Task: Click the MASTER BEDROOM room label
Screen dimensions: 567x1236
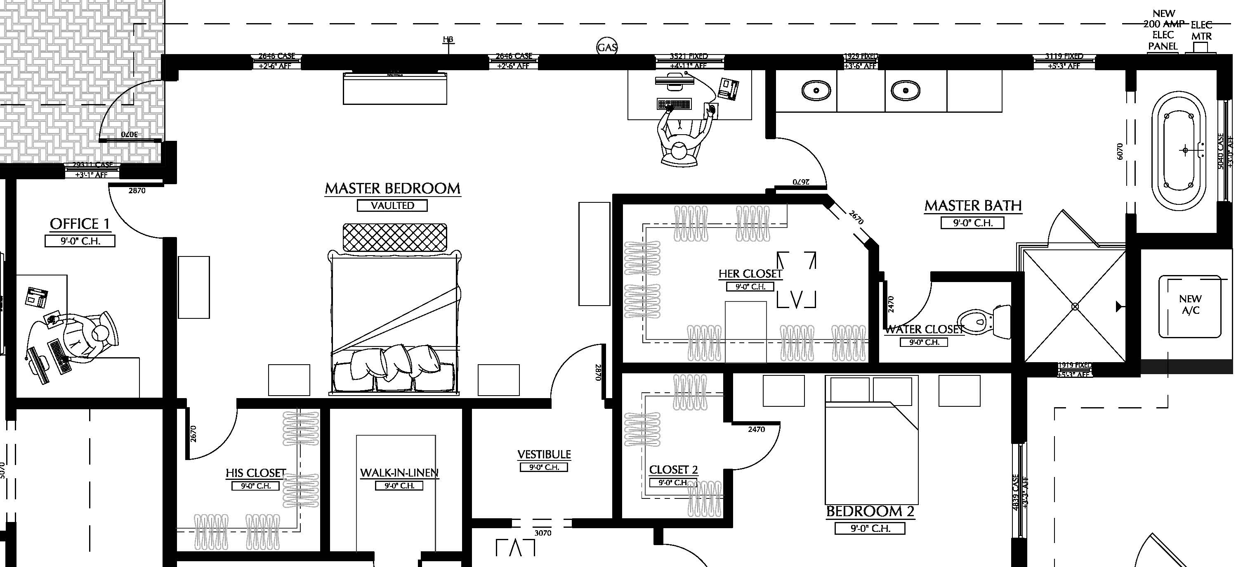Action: [392, 189]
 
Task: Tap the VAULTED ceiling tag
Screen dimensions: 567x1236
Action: [392, 206]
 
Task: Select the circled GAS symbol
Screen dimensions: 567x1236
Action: [607, 47]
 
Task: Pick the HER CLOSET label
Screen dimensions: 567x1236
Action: [750, 274]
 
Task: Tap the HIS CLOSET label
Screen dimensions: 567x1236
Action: [256, 473]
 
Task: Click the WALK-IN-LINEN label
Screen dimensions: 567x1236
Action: [399, 473]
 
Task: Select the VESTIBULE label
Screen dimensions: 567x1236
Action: [544, 454]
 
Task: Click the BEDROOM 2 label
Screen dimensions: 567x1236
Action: [870, 512]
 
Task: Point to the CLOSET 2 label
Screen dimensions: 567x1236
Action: [673, 470]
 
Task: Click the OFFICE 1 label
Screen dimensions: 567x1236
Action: [80, 224]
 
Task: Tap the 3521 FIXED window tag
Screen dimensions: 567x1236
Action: [689, 57]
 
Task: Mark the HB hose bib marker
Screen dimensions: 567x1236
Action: [448, 40]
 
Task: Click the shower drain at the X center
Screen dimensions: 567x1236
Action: [1075, 306]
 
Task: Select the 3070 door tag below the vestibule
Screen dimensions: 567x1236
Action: [543, 533]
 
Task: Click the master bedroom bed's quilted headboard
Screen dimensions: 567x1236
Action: [394, 237]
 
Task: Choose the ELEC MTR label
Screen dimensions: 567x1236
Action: [1201, 30]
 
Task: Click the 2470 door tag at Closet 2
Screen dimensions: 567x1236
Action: [756, 429]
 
